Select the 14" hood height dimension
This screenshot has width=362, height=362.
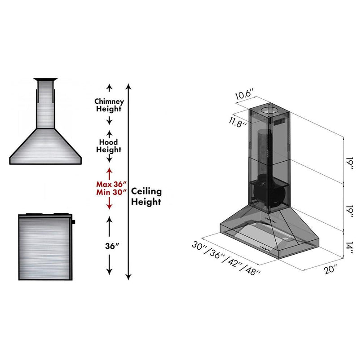348,247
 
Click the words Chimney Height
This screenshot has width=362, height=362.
108,105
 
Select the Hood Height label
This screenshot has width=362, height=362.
108,146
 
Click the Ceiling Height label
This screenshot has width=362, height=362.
146,196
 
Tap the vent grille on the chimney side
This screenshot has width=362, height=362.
280,122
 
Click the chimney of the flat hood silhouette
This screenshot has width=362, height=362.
45,103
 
